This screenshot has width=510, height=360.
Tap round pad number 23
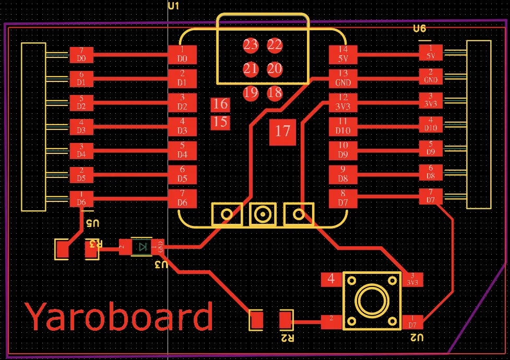pos(251,45)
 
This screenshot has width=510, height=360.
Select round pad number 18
pos(275,93)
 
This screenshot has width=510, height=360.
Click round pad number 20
pos(275,69)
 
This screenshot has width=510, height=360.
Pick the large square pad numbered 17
pos(282,131)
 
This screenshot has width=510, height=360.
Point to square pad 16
pos(220,104)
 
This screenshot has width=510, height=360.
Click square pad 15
pos(220,122)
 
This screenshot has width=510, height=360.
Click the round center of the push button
pos(372,301)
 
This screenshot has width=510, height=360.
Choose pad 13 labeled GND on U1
pos(342,78)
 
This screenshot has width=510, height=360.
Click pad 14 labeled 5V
pos(342,54)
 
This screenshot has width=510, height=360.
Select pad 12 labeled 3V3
pos(342,102)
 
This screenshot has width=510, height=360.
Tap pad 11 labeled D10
pos(342,126)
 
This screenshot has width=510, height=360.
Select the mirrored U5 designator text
pos(92,223)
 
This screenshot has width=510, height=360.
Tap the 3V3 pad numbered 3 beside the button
pos(412,280)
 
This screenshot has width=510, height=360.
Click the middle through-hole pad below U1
pos(263,214)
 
